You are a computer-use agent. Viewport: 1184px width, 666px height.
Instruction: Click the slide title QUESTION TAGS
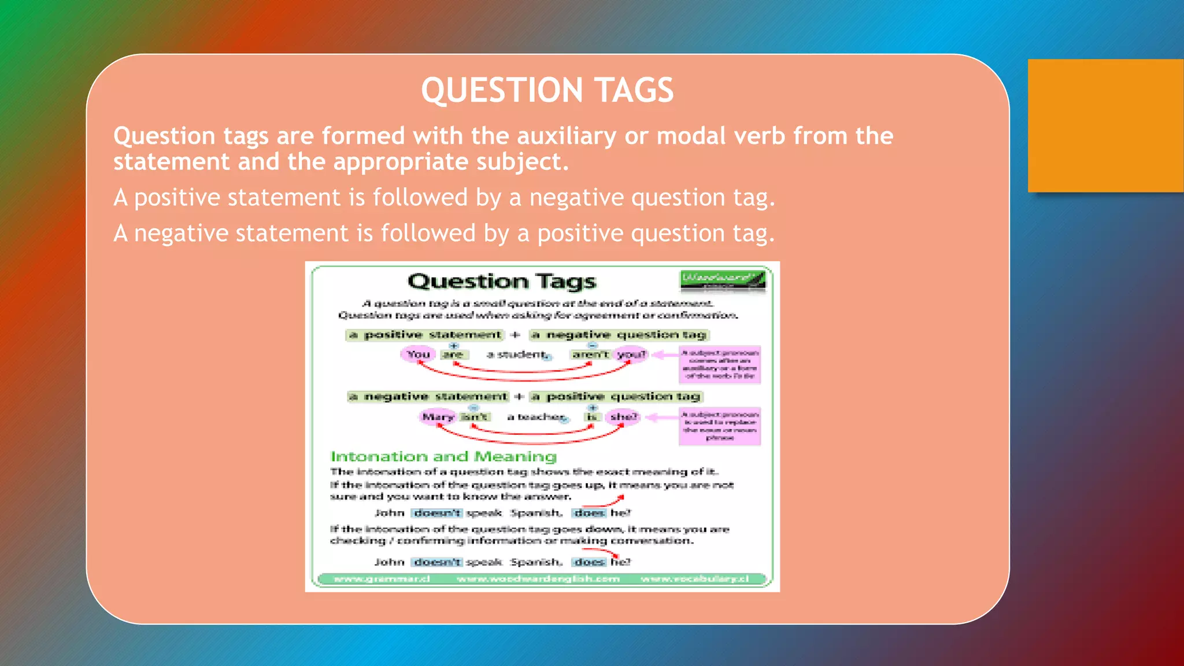(547, 90)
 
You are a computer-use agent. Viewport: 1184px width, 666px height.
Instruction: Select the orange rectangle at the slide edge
(1105, 125)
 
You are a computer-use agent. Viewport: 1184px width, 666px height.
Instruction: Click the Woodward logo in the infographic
(722, 280)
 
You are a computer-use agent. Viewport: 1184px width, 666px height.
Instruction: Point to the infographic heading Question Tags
(501, 282)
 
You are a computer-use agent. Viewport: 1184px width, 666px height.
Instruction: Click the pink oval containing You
(418, 354)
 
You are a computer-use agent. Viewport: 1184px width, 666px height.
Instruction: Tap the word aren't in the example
(590, 354)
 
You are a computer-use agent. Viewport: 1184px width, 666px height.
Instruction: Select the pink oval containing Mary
(438, 417)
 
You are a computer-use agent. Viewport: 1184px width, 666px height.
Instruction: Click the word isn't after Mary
(475, 417)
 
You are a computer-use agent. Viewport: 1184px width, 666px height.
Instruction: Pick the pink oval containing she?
(623, 416)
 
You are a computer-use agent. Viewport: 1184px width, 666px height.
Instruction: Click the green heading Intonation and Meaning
(443, 457)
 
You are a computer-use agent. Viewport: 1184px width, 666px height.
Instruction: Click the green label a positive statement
(425, 335)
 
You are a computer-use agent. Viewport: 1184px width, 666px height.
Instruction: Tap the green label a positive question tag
(616, 397)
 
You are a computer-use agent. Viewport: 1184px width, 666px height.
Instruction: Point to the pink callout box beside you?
(719, 364)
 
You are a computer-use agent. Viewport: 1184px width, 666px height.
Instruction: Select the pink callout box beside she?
(719, 426)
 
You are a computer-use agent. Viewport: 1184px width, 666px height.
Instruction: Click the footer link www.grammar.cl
(382, 579)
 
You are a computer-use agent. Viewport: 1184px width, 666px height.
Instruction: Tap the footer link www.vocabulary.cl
(694, 579)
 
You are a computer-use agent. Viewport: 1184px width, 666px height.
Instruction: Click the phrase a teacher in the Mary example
(535, 417)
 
